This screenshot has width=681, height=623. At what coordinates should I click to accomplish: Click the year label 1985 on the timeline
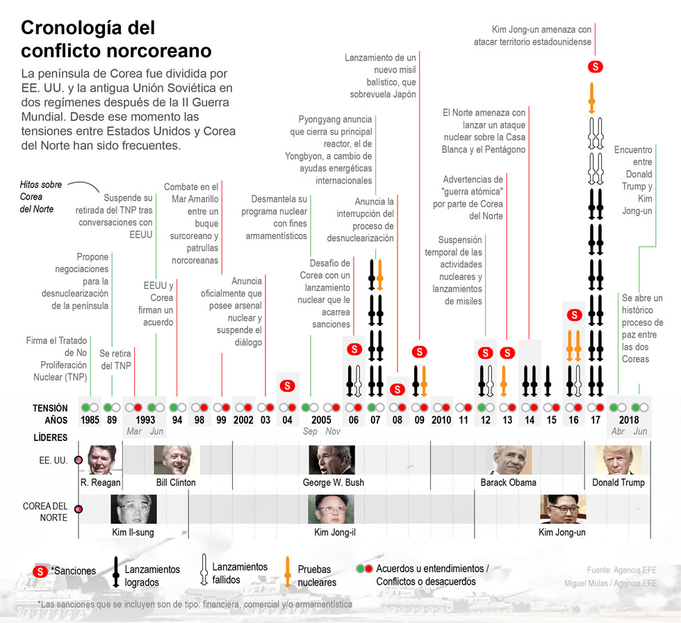(90, 420)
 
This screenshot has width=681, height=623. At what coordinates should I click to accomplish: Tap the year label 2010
(441, 420)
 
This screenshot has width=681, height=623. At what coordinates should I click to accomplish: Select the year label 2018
(629, 420)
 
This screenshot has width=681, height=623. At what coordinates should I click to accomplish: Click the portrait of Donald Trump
(618, 460)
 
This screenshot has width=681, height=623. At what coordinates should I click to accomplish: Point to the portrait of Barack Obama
(513, 460)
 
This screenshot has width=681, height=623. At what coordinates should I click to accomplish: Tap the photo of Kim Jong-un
(563, 509)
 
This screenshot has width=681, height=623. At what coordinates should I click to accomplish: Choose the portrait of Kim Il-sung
(133, 509)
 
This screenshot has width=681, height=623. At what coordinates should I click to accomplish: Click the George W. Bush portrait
(331, 460)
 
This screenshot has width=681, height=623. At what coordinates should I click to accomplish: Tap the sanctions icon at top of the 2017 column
(596, 67)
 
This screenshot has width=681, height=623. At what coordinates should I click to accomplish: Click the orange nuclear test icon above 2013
(504, 379)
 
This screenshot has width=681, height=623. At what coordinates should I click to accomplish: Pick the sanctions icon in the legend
(40, 571)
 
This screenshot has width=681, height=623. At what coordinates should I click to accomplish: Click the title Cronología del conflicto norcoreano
(116, 40)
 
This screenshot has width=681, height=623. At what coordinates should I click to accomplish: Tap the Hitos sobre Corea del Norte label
(41, 197)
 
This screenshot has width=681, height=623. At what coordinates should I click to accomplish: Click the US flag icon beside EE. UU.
(79, 460)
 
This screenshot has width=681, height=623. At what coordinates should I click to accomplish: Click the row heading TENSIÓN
(50, 408)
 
